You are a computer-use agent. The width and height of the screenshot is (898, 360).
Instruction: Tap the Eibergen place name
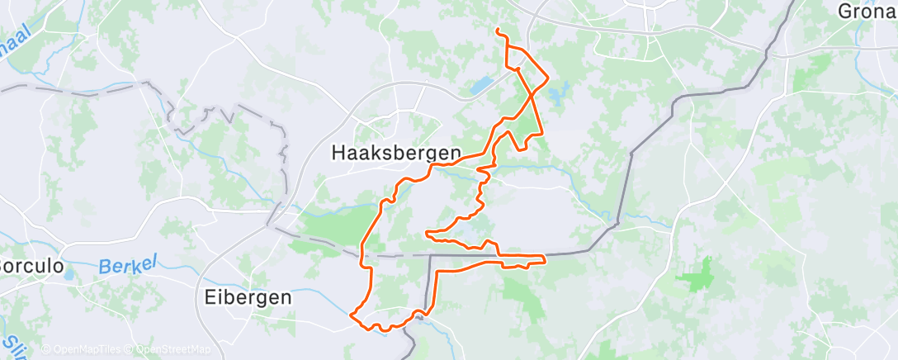pyautogui.click(x=248, y=297)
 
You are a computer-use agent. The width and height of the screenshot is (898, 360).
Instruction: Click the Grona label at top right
pyautogui.click(x=867, y=12)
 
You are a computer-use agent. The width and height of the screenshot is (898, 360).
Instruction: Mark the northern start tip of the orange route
pyautogui.click(x=497, y=31)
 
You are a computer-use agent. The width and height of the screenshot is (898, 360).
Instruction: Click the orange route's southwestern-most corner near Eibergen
pyautogui.click(x=352, y=315)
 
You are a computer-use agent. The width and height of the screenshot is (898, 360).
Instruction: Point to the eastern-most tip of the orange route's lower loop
pyautogui.click(x=546, y=260)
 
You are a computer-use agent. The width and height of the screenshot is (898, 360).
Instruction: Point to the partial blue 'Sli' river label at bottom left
pyautogui.click(x=10, y=343)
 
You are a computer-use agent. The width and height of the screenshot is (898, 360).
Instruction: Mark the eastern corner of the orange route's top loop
pyautogui.click(x=548, y=78)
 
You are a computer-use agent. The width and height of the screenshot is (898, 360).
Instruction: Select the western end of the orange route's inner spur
pyautogui.click(x=426, y=233)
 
